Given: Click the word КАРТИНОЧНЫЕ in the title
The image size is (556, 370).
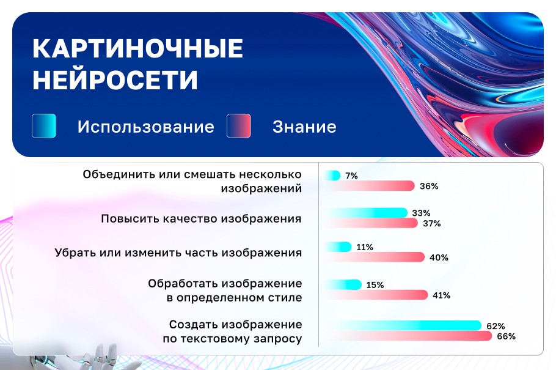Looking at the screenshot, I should (x=137, y=49).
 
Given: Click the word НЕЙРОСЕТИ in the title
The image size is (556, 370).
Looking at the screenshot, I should (x=115, y=80).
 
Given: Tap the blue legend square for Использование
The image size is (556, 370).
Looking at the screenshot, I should (x=44, y=126).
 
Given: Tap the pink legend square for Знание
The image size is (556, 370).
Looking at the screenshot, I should (x=239, y=126).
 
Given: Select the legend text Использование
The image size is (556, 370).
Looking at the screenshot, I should (x=145, y=127).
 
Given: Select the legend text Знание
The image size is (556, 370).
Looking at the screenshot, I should (x=304, y=127).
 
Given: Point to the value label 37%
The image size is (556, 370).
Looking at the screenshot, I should (x=432, y=224).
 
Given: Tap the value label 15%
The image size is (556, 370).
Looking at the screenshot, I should (x=375, y=285).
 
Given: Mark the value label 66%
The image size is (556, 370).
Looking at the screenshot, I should (x=507, y=336).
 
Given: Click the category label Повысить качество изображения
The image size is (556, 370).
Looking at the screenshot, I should (x=201, y=219).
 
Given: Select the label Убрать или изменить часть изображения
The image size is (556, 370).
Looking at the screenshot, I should (x=178, y=253).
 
